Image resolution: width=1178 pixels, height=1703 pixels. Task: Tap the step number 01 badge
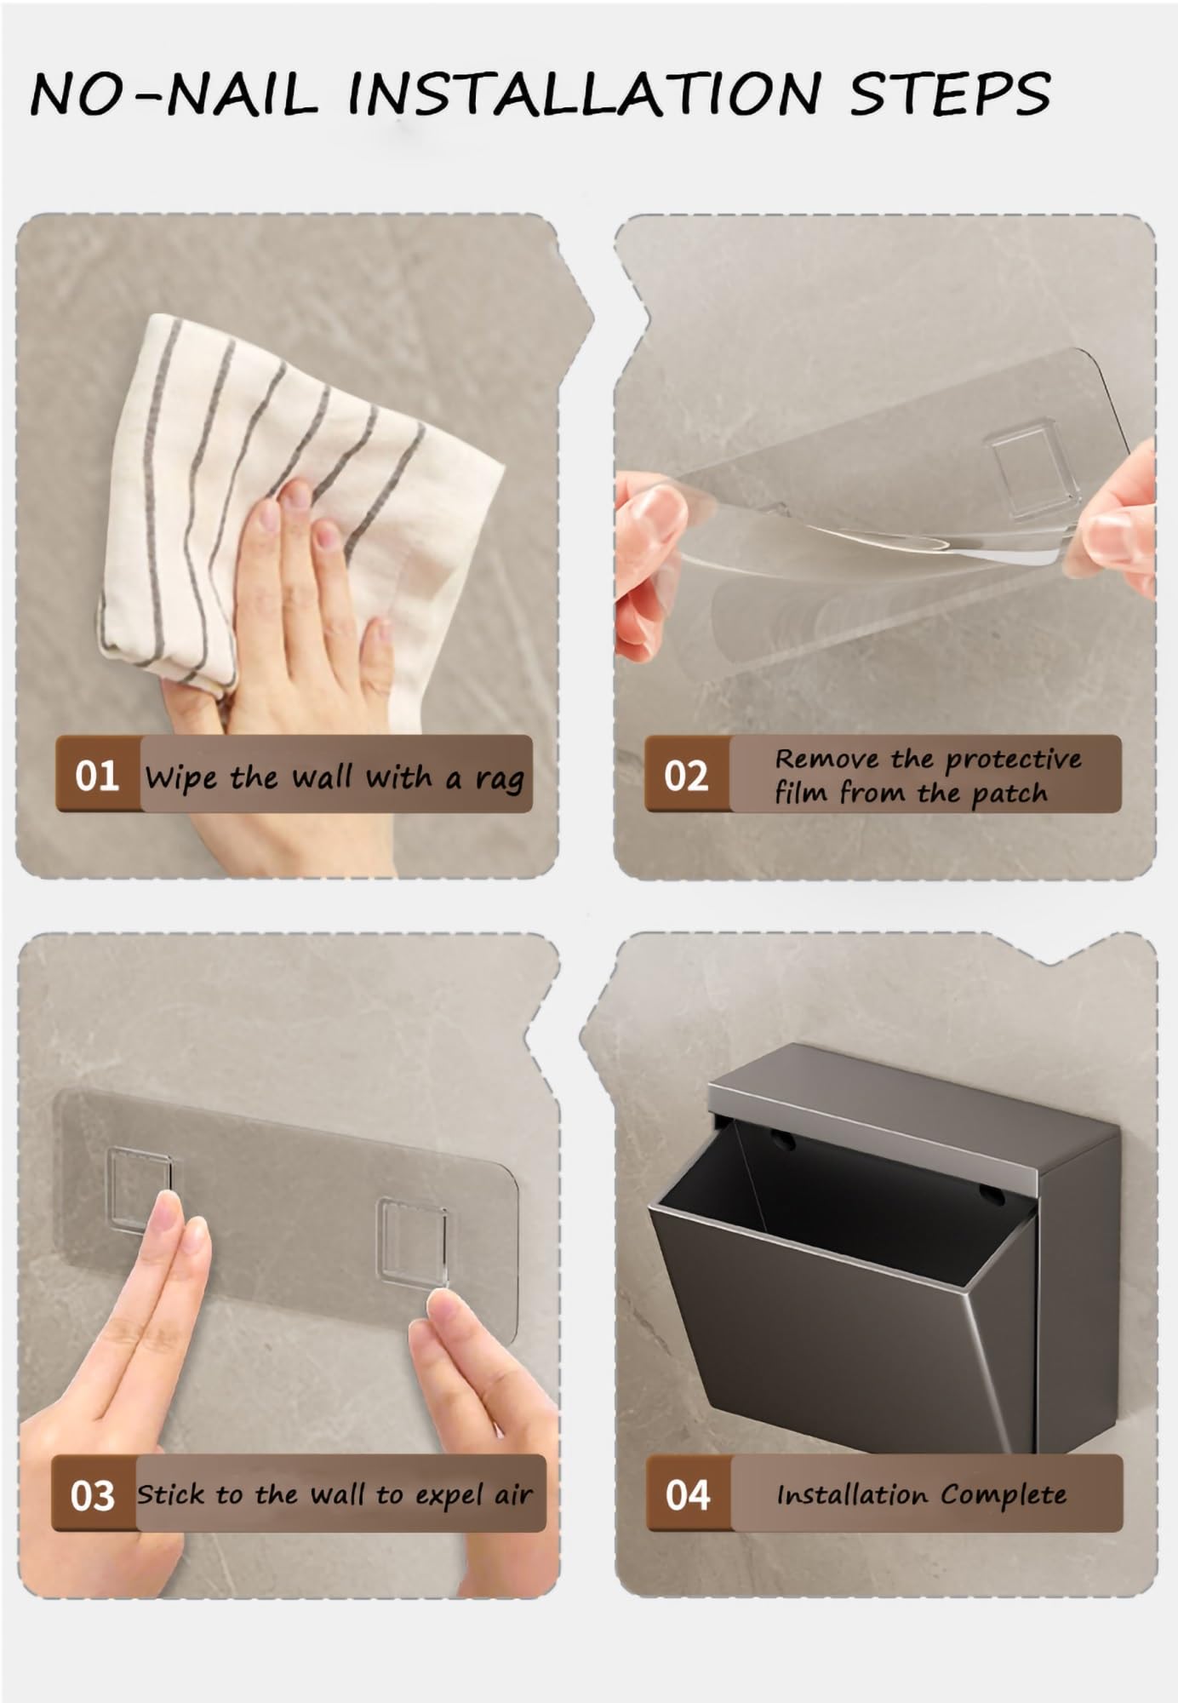(96, 776)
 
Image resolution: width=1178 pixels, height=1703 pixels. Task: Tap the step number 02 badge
(686, 776)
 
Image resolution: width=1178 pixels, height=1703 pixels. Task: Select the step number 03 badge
(93, 1496)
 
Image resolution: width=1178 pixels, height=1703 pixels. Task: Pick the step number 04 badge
(688, 1495)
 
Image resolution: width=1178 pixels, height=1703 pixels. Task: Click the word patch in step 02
(1009, 794)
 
